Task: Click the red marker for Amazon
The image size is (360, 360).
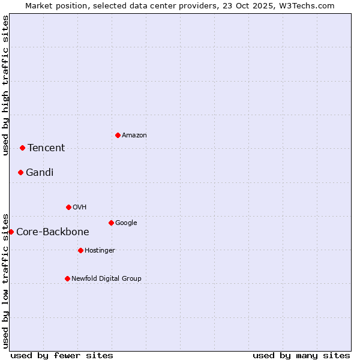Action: point(118,135)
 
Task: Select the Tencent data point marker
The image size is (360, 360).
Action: point(22,148)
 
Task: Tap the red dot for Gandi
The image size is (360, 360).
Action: point(20,172)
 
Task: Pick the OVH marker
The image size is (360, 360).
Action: point(68,207)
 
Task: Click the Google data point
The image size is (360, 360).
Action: point(111,223)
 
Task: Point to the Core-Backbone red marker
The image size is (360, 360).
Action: point(11,232)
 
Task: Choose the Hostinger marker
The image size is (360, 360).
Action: point(80,250)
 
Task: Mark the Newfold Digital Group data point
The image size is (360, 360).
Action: point(67,278)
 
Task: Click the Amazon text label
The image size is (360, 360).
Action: point(134,136)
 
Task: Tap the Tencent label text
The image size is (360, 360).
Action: point(46,148)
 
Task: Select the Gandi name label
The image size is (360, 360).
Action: point(40,173)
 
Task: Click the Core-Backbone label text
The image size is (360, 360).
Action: point(53,232)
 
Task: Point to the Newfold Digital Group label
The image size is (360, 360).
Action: point(107,278)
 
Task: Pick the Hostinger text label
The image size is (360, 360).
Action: point(100,250)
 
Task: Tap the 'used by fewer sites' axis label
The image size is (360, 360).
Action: point(62,355)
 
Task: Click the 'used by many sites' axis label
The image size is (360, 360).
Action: point(301,355)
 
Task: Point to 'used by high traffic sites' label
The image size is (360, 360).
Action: point(5,85)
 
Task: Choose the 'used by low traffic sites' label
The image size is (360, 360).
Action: point(5,281)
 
